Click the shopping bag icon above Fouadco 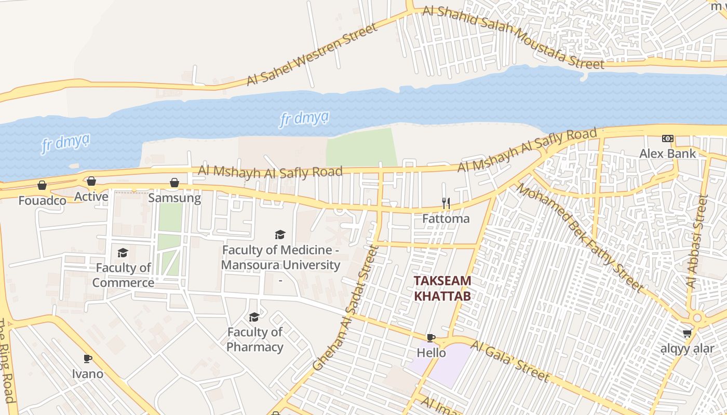click(42, 185)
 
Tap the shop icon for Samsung click(174, 183)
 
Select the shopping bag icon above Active click(91, 181)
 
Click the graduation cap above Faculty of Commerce click(123, 253)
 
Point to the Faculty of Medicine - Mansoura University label click(281, 258)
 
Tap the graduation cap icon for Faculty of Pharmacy click(254, 317)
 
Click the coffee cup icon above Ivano click(88, 358)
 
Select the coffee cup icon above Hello click(431, 338)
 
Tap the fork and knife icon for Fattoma click(446, 203)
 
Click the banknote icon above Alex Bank click(668, 139)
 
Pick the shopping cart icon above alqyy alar click(688, 333)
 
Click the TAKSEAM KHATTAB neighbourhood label click(442, 288)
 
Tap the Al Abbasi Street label click(697, 241)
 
